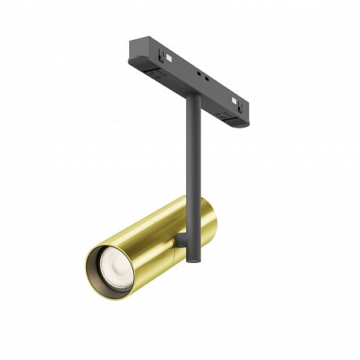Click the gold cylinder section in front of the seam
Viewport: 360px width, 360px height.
(x=133, y=250)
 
